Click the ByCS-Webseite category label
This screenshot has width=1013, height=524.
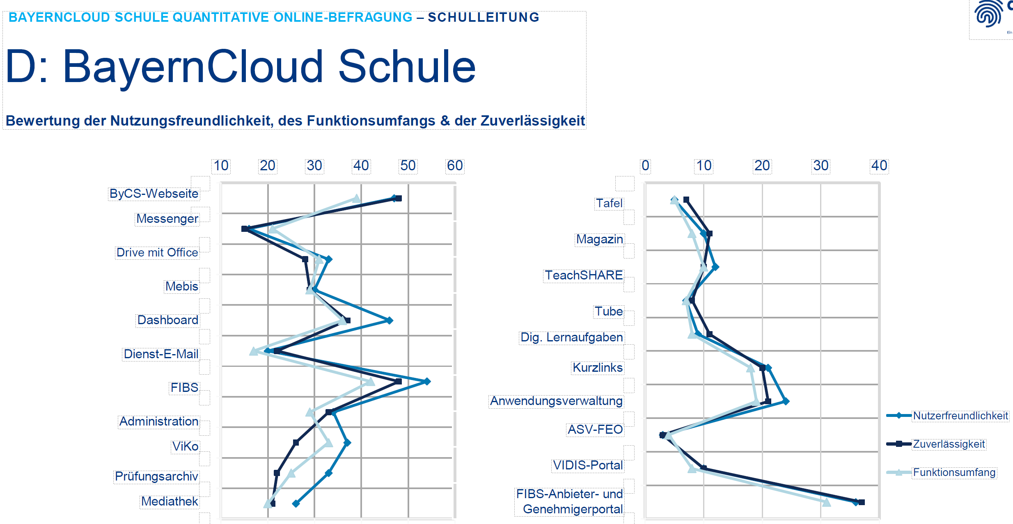(x=154, y=193)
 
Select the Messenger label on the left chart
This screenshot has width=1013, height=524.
(x=167, y=219)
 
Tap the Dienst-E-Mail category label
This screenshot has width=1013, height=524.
(x=161, y=354)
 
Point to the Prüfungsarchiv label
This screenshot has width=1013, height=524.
(x=156, y=476)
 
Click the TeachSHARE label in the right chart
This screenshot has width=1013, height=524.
(x=584, y=275)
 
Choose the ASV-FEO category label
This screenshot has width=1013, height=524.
(x=595, y=429)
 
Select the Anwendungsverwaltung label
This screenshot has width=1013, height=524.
(x=556, y=400)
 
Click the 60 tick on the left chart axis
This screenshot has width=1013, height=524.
(x=455, y=165)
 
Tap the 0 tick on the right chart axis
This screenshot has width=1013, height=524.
(x=645, y=165)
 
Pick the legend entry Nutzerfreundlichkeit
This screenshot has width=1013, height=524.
(x=960, y=416)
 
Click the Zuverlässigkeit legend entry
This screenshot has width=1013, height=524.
(x=949, y=444)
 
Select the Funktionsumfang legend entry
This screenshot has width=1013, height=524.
(x=954, y=472)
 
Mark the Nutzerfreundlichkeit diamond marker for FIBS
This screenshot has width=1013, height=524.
(x=427, y=382)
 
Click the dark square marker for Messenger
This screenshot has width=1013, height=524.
(x=245, y=229)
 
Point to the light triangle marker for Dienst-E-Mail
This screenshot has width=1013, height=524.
(x=254, y=351)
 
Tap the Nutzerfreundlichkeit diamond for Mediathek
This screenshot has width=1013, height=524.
(x=296, y=503)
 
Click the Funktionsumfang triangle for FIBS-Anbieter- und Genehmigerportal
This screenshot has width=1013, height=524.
(x=826, y=502)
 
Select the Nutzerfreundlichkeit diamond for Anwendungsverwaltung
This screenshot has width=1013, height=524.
(x=786, y=401)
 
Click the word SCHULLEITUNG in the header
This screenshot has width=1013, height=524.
(x=484, y=17)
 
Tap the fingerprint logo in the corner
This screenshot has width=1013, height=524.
(x=988, y=14)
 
